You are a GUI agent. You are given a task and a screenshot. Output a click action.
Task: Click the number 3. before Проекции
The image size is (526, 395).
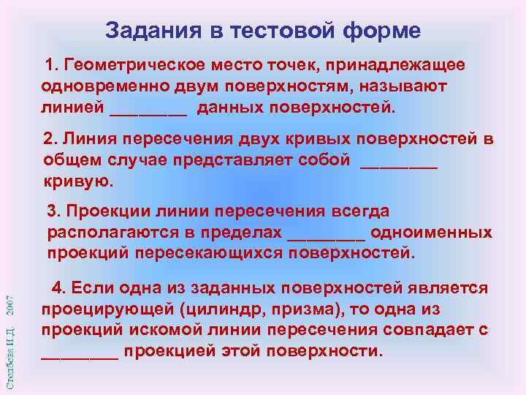[x=54, y=211]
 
